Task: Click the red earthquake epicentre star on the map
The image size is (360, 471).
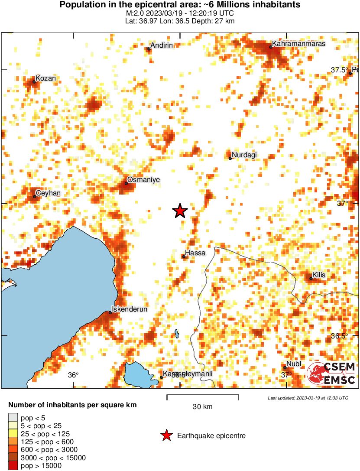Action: pos(180,211)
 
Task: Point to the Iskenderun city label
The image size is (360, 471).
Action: pos(130,309)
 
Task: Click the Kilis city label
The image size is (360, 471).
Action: pos(319,275)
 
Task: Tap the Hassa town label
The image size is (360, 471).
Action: pos(195,253)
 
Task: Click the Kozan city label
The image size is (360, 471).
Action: pos(45,78)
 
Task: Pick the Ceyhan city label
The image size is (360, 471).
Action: pos(48,193)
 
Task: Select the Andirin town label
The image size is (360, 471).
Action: pos(161,45)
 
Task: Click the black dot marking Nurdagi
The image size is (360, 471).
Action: pos(230,158)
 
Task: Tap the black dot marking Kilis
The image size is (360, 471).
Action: pos(311,279)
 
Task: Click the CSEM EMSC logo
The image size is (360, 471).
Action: pos(331,374)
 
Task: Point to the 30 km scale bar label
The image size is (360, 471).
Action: pos(202,406)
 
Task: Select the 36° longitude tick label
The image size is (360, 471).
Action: pos(73,375)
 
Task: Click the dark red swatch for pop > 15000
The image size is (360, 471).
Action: pos(13,466)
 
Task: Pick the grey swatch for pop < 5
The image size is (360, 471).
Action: pos(13,418)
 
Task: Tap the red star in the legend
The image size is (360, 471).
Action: pos(166,436)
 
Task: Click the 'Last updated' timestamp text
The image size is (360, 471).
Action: pos(308,398)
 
